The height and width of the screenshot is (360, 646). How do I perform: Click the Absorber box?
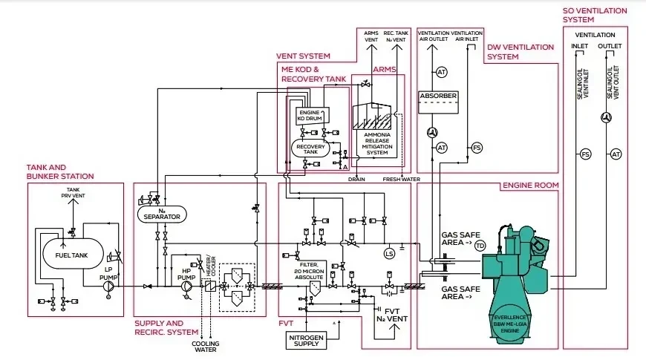coord(438,97)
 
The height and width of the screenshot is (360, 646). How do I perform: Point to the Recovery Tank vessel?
coord(311,148)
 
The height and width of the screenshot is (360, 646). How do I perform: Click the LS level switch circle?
coord(388,255)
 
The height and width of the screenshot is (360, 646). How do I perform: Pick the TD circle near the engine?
coord(480,246)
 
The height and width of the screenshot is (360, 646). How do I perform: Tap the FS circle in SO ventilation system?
coord(586,154)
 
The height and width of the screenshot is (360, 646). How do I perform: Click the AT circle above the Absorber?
coord(442,72)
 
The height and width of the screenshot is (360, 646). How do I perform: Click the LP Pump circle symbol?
coord(110,286)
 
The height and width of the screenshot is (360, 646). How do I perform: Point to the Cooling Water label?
coord(206,347)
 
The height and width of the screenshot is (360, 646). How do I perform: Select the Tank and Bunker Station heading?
coord(60,171)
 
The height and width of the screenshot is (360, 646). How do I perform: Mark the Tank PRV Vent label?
coord(72,193)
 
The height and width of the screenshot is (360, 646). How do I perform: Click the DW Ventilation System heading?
coord(521,51)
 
